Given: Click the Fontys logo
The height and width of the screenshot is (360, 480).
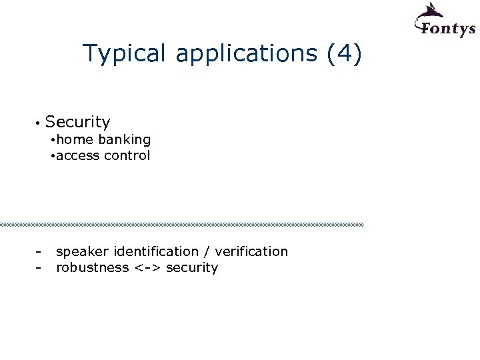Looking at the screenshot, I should pyautogui.click(x=443, y=21).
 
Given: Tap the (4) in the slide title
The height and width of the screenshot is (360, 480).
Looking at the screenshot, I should pyautogui.click(x=345, y=54).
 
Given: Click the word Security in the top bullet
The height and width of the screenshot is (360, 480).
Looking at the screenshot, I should pyautogui.click(x=78, y=122).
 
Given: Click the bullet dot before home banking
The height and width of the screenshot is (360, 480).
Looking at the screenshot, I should pyautogui.click(x=53, y=140).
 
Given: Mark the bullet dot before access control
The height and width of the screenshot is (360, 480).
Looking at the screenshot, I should pyautogui.click(x=53, y=156).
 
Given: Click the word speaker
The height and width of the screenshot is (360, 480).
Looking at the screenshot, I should pyautogui.click(x=83, y=252).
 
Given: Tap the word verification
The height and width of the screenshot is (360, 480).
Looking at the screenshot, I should pyautogui.click(x=252, y=251).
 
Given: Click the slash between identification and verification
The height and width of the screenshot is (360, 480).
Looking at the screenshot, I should pyautogui.click(x=207, y=252).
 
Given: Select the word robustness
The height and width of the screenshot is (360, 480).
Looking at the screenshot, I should pyautogui.click(x=92, y=267).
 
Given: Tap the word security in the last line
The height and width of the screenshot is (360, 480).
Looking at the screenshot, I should pyautogui.click(x=192, y=268).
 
